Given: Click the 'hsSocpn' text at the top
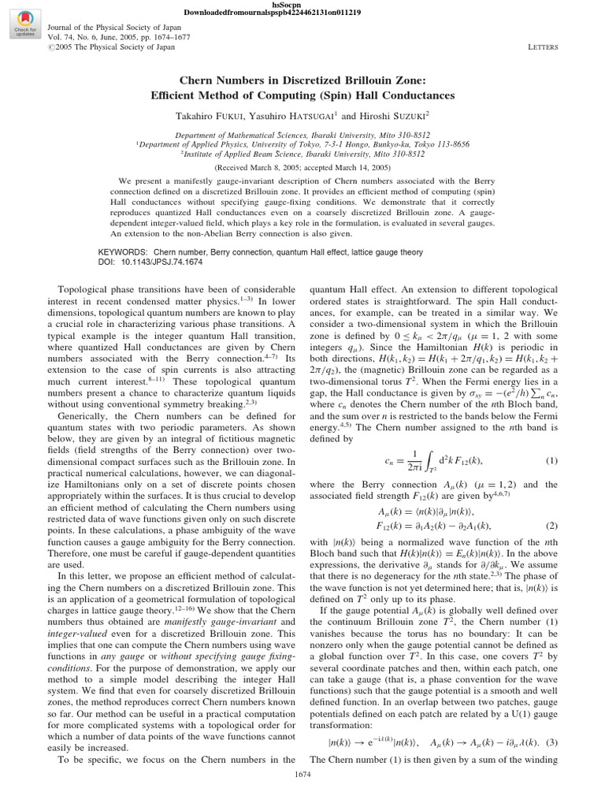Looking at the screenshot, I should click(302, 5).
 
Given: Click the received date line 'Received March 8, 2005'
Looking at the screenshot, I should click(302, 168).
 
